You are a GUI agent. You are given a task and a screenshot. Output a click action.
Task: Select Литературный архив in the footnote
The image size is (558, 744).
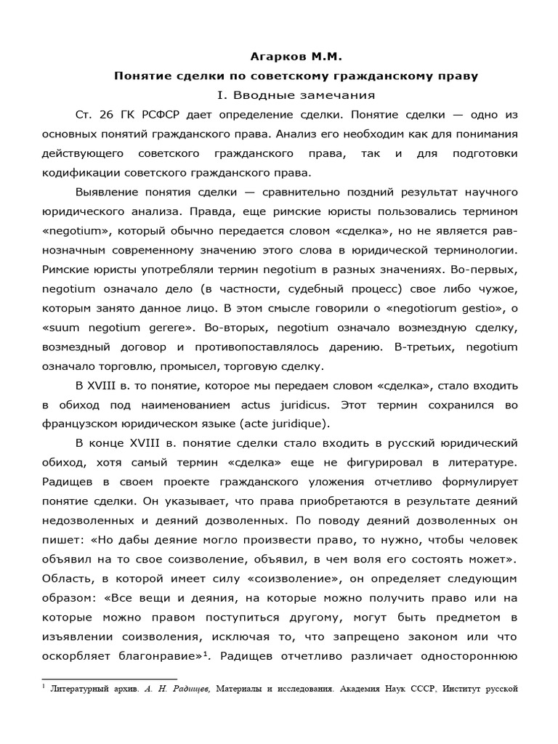click(86, 687)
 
